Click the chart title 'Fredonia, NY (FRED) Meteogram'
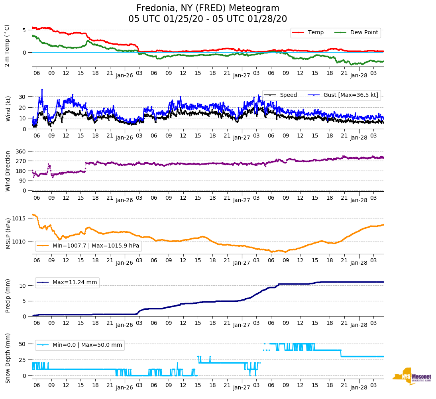click(x=208, y=8)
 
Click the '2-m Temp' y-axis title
click(x=7, y=45)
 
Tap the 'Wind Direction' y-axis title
click(x=8, y=171)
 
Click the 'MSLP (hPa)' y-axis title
click(x=8, y=234)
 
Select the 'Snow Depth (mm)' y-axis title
click(x=8, y=358)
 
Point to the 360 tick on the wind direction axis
click(x=21, y=151)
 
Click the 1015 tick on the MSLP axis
click(x=19, y=218)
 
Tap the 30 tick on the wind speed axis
click(x=23, y=97)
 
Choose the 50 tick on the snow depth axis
click(x=23, y=344)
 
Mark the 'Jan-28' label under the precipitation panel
click(x=359, y=325)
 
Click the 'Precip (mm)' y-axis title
click(x=8, y=297)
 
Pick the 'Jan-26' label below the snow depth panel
click(x=124, y=387)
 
